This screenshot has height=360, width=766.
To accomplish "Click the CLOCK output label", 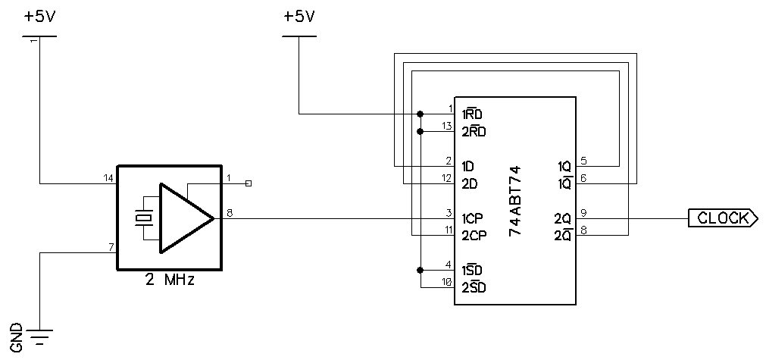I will pos(722,218).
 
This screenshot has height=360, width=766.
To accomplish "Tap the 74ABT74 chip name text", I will pos(514,200).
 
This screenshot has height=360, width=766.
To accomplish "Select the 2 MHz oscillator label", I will pos(170,280).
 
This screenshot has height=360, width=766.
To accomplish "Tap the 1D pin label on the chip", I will pos(468,166).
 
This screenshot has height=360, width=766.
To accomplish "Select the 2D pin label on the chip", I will pos(469,183).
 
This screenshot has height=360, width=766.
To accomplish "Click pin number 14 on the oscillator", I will pos(108,178).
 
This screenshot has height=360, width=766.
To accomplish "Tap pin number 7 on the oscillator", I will pos(111,247).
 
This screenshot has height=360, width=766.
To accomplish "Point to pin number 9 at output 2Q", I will pos(583,212).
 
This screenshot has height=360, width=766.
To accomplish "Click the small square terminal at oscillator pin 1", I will pos(249,183).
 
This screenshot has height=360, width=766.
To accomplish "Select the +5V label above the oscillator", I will pos(38,16).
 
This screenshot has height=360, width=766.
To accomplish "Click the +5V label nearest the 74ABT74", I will pos(299,16).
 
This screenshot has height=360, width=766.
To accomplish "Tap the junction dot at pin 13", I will pos(421,131).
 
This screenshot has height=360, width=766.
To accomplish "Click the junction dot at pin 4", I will pos(421,270).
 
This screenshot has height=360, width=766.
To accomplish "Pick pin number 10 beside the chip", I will pos(447,282).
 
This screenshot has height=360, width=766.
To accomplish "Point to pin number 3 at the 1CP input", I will pos(449,213).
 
